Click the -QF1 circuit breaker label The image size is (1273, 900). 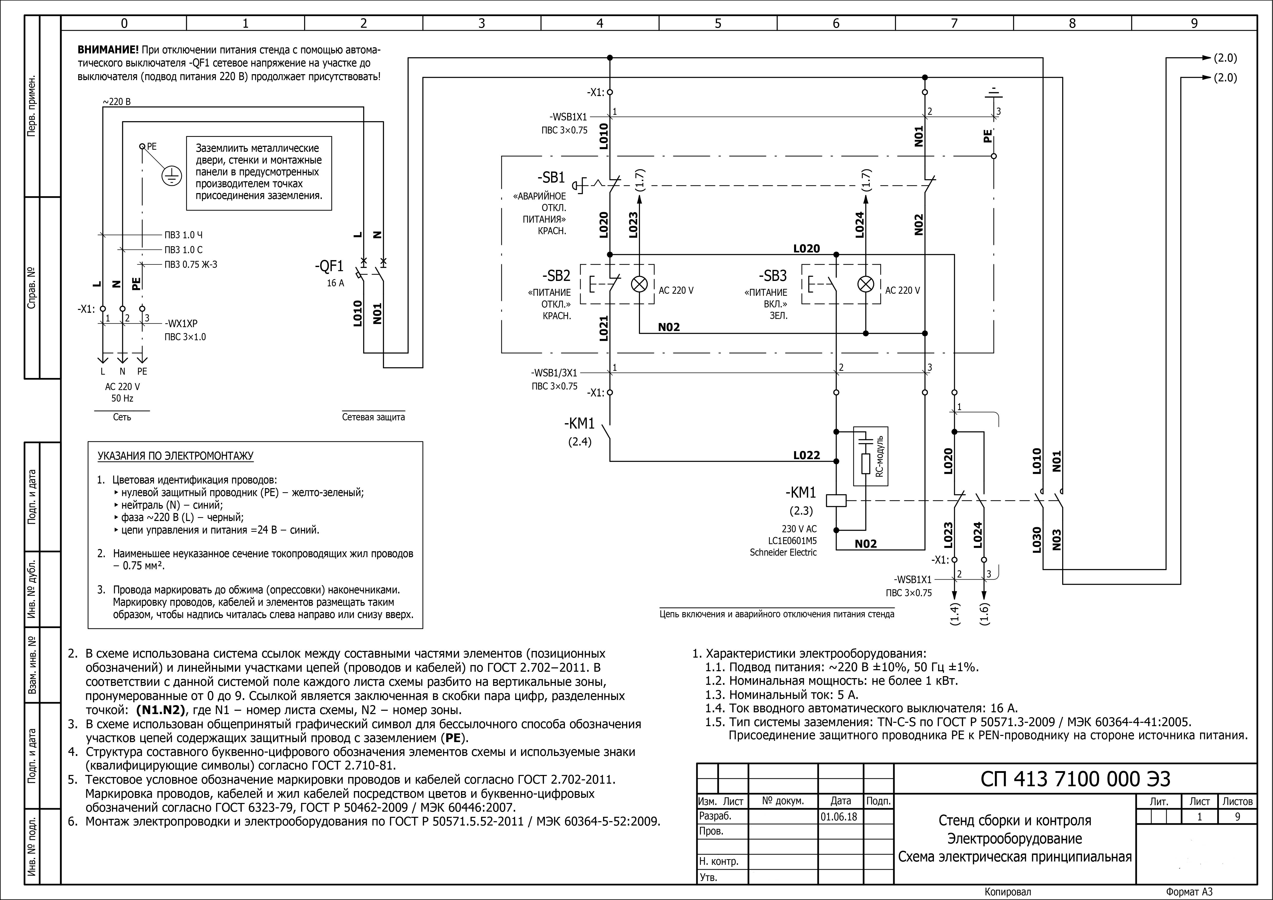pos(329,267)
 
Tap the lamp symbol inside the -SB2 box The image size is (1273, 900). pos(640,285)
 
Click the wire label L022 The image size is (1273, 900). pos(806,455)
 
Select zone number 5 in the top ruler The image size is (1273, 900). pos(718,23)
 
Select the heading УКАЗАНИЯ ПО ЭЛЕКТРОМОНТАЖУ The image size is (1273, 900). pos(176,456)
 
